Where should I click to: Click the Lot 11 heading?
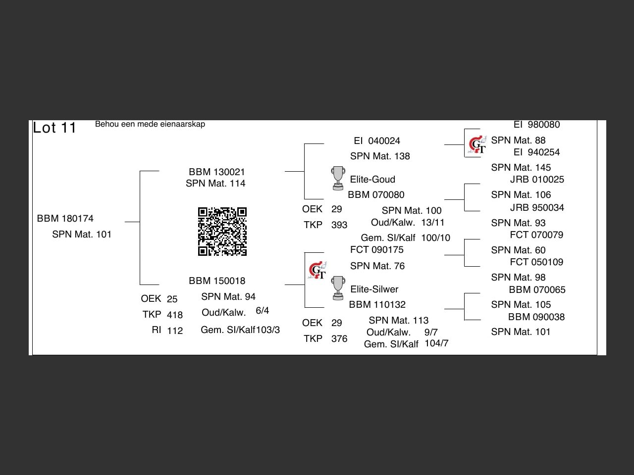pos(54,128)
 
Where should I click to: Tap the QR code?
pos(222,232)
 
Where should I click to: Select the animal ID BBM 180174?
pos(65,219)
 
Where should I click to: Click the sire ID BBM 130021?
pos(217,172)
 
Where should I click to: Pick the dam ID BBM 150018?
pos(217,281)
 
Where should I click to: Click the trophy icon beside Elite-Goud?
pos(338,178)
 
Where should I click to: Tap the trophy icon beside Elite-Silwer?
pos(338,288)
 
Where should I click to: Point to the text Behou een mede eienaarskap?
pos(150,124)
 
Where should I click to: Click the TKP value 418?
pos(175,315)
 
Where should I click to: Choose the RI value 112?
pos(175,331)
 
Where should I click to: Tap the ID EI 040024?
pos(377,141)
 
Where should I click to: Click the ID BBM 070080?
pos(376,195)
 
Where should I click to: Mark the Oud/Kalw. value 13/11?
pos(433,223)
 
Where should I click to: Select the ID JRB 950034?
pos(537,208)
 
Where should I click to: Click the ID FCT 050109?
pos(536,262)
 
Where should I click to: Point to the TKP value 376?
pos(339,339)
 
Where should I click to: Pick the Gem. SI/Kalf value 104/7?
pos(436,343)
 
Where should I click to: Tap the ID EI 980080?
pos(536,125)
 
